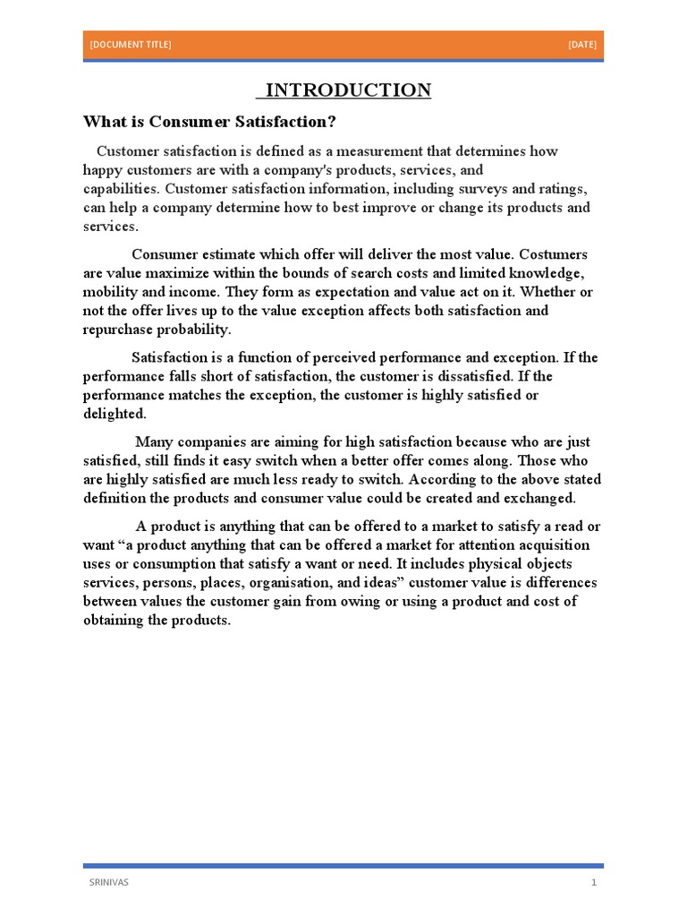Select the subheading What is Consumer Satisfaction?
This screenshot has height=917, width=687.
point(209,121)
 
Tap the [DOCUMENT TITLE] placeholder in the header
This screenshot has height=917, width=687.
point(131,45)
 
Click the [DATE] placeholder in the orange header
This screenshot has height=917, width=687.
point(581,45)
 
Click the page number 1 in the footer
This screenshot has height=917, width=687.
point(593,882)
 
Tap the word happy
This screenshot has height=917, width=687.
point(104,170)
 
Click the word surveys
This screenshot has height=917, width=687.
point(487,189)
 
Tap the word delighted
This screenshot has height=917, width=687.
point(114,414)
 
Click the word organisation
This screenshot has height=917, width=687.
point(300,583)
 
